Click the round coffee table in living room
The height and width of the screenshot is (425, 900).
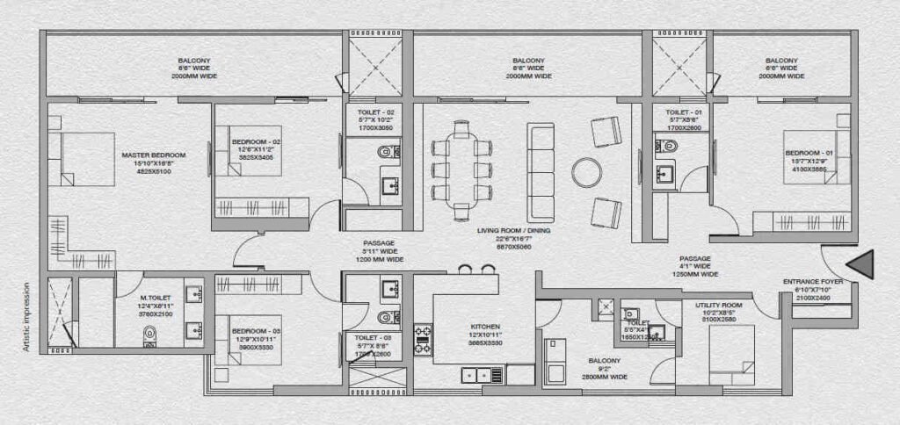coord(585,170)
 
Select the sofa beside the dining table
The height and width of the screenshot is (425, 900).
coord(541,170)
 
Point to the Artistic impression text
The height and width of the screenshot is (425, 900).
coord(28,316)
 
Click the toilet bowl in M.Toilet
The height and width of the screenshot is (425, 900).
coord(149,335)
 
